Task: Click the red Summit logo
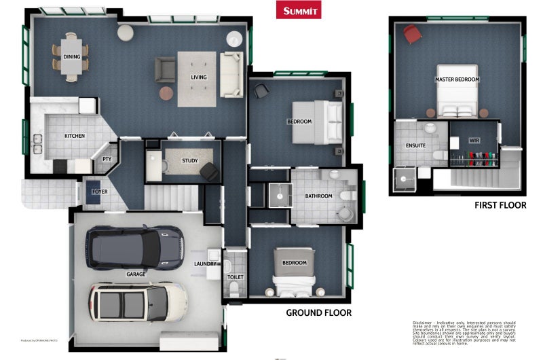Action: click(x=299, y=10)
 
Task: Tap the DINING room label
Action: click(x=72, y=57)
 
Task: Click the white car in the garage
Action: click(x=138, y=302)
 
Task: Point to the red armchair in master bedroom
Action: click(x=412, y=33)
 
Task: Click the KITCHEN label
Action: click(x=75, y=136)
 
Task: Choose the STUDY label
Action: click(x=190, y=161)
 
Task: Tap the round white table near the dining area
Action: click(x=126, y=32)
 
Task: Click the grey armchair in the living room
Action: click(x=165, y=69)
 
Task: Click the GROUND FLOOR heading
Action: click(x=318, y=312)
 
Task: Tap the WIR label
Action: click(x=474, y=141)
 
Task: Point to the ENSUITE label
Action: click(x=415, y=145)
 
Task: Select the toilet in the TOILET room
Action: click(x=235, y=289)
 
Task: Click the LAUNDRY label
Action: click(x=206, y=264)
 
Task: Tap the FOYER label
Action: click(x=100, y=192)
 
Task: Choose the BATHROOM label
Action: click(x=318, y=196)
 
